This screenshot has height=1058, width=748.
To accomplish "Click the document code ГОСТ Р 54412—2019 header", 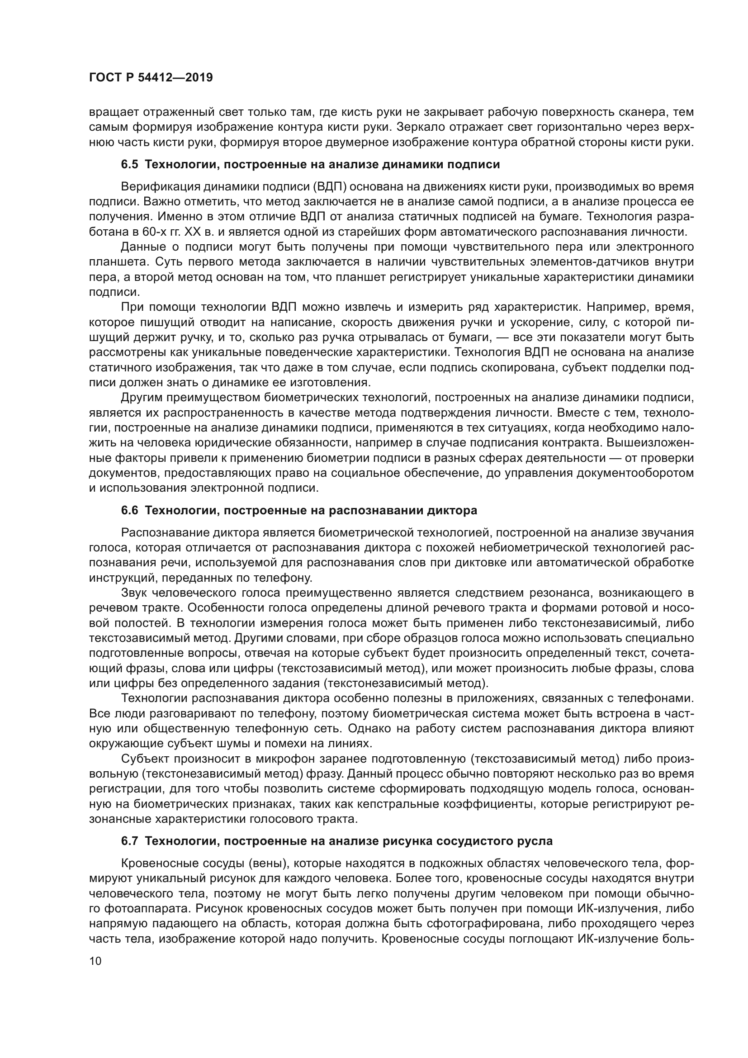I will coord(151,77).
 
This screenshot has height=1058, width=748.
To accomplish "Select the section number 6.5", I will coord(129,165).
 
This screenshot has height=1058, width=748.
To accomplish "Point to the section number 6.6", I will coord(129,511).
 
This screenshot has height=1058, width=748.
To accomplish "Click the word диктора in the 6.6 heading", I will coord(452,511).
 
